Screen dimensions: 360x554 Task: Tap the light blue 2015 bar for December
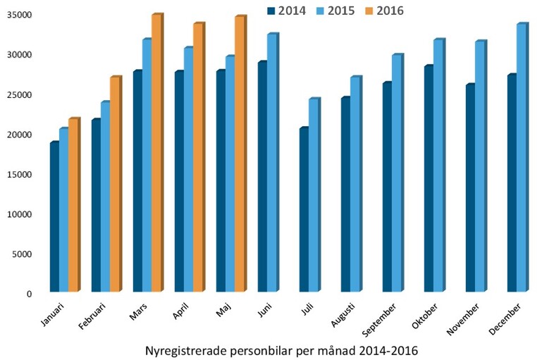521,158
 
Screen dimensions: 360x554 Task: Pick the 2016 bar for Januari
73,205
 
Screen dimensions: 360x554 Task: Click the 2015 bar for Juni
271,163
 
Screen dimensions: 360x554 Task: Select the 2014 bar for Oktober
429,179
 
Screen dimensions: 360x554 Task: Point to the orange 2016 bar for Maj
240,154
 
